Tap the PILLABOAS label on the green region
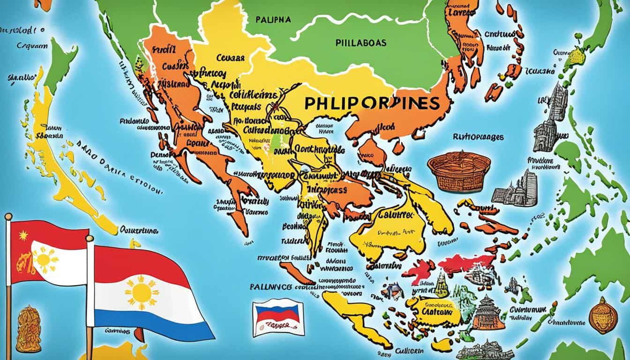coord(361,43)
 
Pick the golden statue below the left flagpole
coord(28,329)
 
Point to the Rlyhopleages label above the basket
coord(478,137)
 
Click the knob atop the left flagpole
coord(8,216)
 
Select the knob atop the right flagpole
coord(90,239)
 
